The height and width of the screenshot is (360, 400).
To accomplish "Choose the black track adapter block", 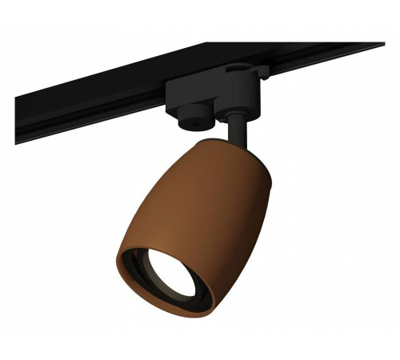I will coord(216,96).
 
